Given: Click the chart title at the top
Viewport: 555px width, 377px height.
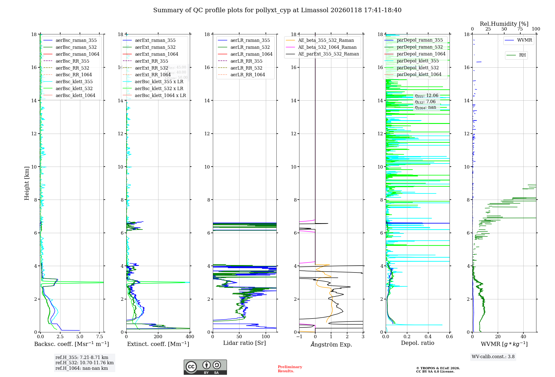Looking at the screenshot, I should pos(277,10).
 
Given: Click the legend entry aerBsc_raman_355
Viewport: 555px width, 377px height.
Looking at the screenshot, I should pos(76,40).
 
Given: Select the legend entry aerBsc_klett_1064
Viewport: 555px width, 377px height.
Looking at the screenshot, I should pos(75,96).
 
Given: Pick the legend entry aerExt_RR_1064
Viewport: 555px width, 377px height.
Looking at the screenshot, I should pos(153,75).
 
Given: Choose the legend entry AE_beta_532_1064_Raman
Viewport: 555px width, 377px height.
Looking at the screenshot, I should pos(327,47).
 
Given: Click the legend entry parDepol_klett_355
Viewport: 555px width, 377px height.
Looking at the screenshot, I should pos(418,61).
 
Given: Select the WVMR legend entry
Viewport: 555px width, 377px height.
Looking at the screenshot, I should pos(524,40).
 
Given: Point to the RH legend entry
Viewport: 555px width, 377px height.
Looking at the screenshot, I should pos(522,55).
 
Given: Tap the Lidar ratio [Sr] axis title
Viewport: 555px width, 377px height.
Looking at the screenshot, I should pos(244,343).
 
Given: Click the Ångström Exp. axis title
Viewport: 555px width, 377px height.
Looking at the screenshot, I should pos(331,345).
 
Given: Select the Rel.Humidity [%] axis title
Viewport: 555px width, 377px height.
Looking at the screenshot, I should pos(504,24).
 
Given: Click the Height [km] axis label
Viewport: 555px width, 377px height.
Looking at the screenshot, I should pos(27,183).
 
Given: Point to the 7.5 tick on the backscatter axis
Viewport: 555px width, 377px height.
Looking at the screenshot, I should pos(100,337).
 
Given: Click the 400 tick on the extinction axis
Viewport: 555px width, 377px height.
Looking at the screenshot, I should pos(190,337).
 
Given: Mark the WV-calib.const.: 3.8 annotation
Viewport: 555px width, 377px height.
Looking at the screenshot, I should pos(493,357).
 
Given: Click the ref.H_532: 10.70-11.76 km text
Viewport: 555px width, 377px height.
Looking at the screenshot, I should pos(84,363).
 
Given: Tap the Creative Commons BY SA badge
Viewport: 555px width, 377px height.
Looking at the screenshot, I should pos(205,367).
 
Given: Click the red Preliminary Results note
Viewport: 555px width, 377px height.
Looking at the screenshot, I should pos(290,369).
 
